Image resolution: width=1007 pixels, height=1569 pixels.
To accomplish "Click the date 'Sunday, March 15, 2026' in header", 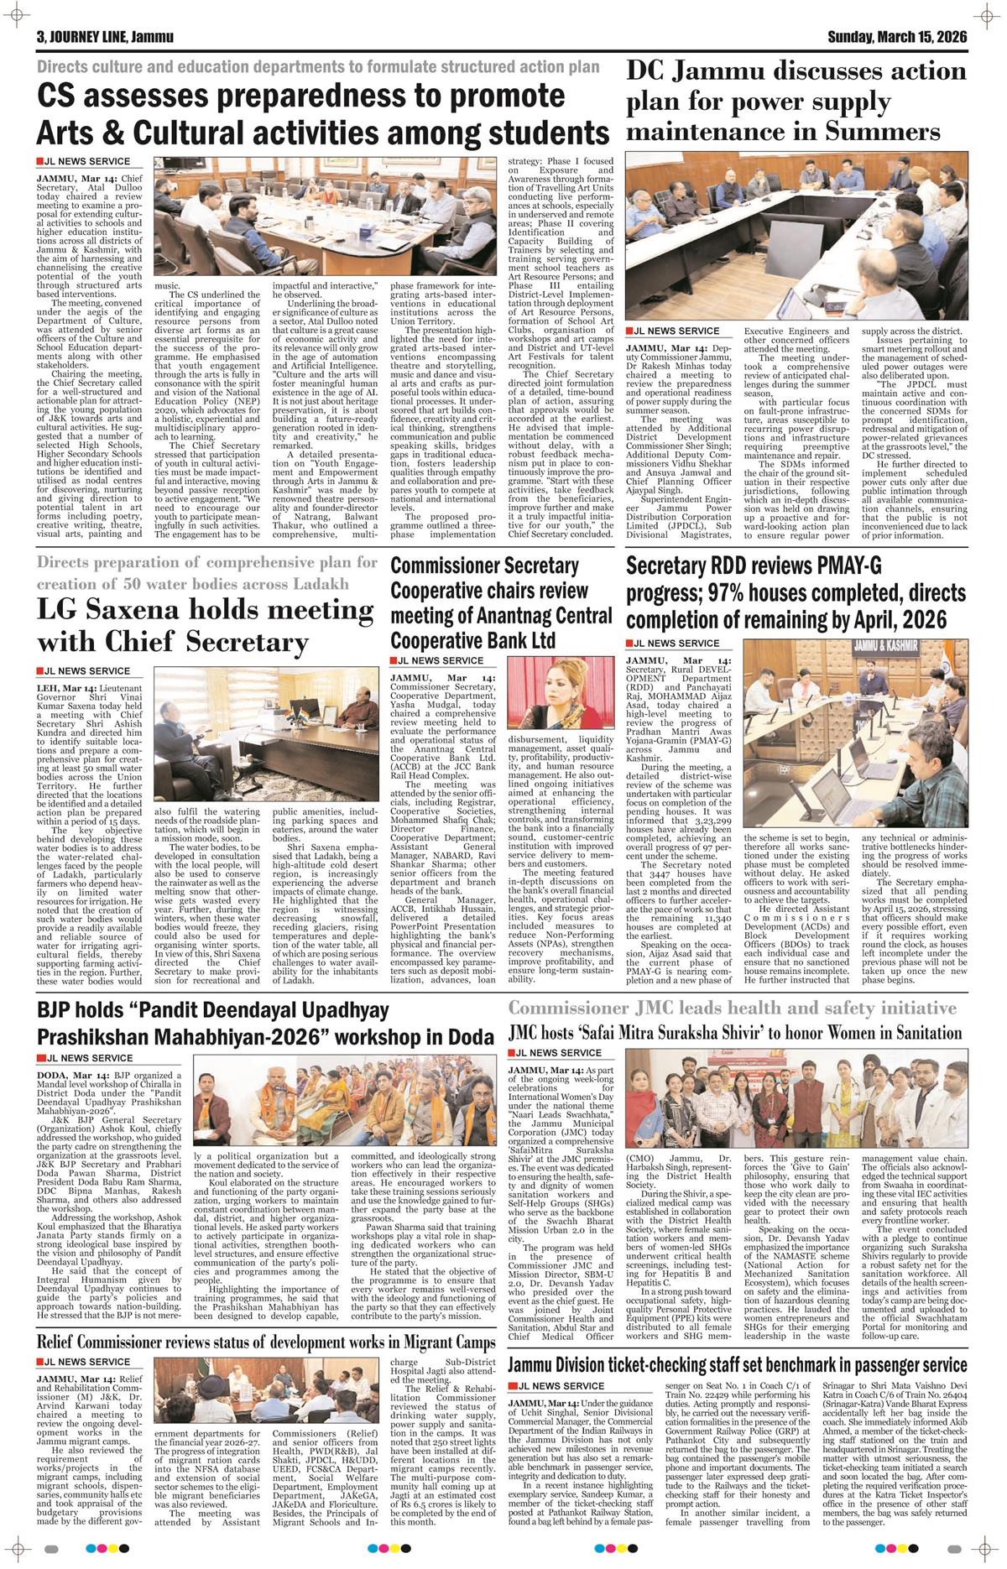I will click(x=897, y=37).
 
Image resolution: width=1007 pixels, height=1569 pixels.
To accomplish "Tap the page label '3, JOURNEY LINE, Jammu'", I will click(x=93, y=37).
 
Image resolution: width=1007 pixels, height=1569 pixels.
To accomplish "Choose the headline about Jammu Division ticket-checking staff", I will click(x=738, y=1364).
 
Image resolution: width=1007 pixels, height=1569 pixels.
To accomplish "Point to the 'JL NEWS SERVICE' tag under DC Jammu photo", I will click(x=674, y=331).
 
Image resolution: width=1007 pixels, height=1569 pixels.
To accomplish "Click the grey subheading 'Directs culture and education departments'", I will click(x=318, y=66).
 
